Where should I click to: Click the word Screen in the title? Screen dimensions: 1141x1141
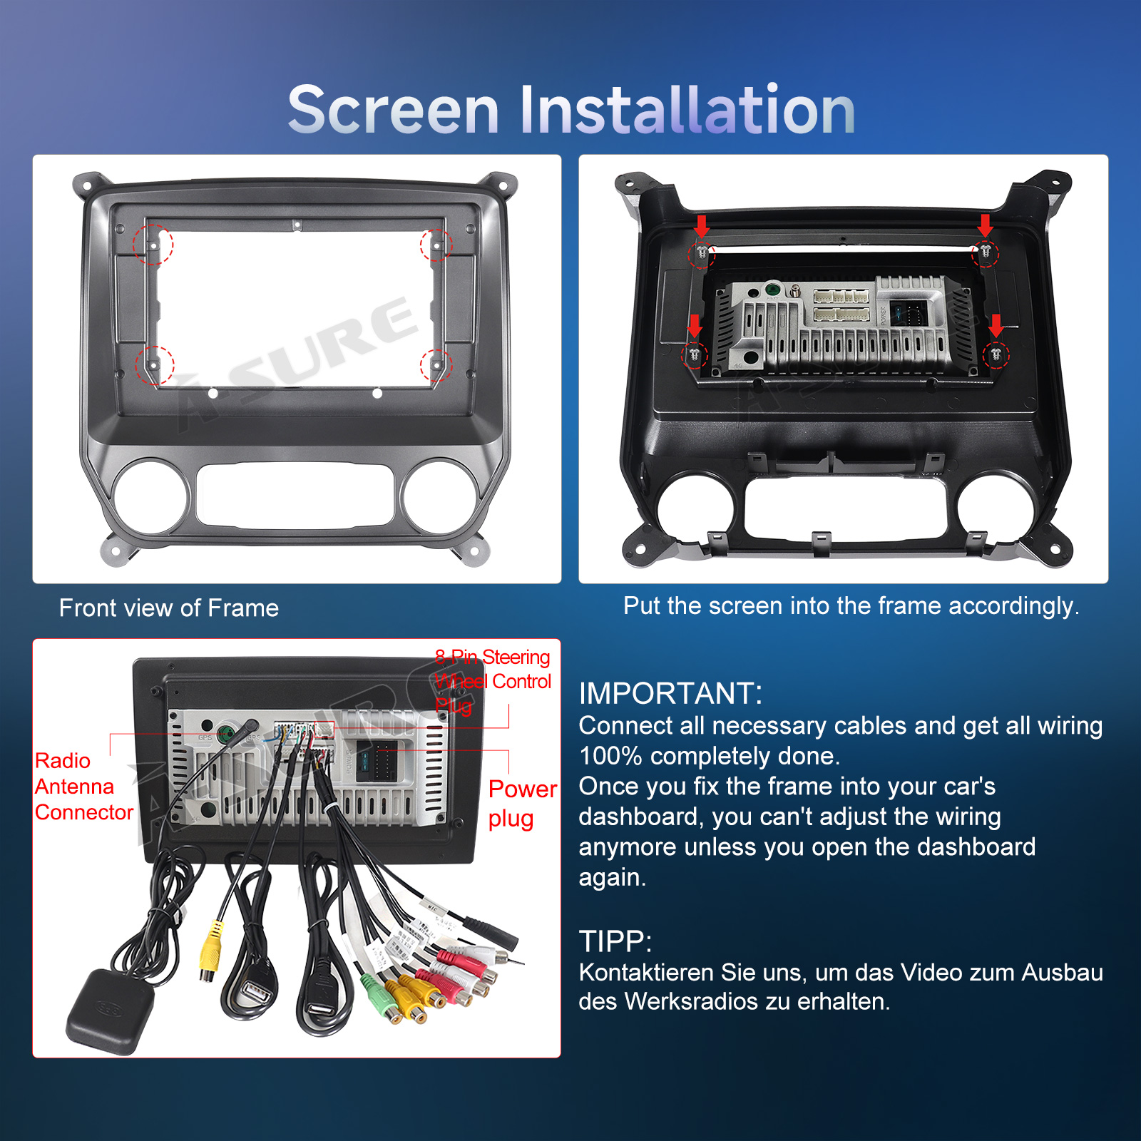pos(393,110)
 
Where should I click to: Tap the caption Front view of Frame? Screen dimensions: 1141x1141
pos(169,608)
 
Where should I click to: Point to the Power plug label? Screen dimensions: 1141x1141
pos(522,804)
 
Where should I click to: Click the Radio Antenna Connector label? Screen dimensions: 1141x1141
pos(83,787)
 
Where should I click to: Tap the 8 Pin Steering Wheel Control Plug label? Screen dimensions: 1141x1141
pos(493,681)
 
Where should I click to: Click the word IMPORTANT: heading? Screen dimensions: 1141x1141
pos(670,693)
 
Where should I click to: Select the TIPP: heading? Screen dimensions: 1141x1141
pos(615,941)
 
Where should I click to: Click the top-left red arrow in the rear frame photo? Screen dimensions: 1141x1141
pos(702,226)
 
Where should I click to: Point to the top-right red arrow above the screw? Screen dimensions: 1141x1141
pos(986,225)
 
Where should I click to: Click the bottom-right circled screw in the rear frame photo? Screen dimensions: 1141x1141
pos(996,354)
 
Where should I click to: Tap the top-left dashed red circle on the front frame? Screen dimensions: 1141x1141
pos(153,245)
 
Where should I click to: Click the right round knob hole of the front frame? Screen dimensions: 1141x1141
pos(439,497)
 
